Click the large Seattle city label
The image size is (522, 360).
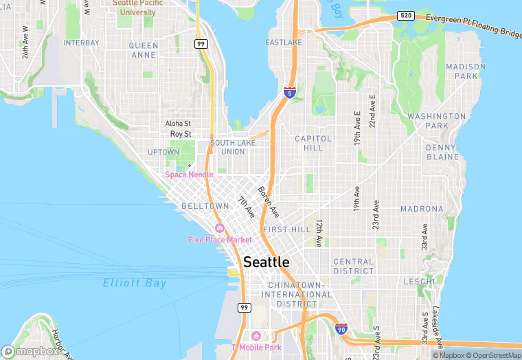pyautogui.click(x=266, y=262)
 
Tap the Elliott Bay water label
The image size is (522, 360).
pyautogui.click(x=135, y=283)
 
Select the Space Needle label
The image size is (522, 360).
pyautogui.click(x=189, y=175)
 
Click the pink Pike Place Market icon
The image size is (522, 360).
pyautogui.click(x=220, y=228)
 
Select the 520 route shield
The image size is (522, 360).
pyautogui.click(x=405, y=15)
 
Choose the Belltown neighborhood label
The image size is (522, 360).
pyautogui.click(x=205, y=206)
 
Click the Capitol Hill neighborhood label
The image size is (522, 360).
pyautogui.click(x=313, y=143)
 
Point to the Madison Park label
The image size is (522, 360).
pyautogui.click(x=465, y=71)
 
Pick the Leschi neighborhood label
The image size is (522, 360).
pyautogui.click(x=419, y=282)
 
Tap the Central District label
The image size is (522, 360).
pyautogui.click(x=353, y=266)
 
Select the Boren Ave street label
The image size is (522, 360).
pyautogui.click(x=269, y=200)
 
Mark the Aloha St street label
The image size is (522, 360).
pyautogui.click(x=178, y=124)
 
